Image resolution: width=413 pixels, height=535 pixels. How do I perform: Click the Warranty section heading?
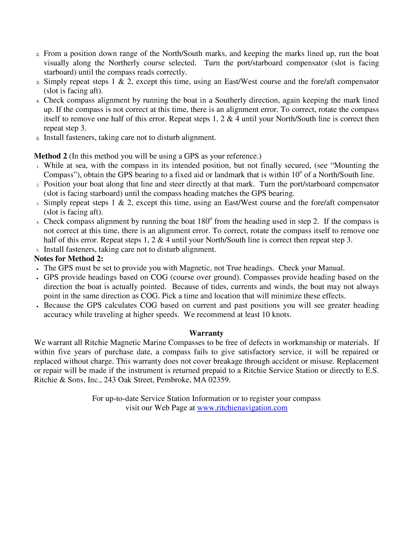[206, 333]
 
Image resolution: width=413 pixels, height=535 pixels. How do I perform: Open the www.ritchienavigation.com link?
[242, 408]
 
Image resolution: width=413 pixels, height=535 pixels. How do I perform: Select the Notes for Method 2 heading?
[69, 259]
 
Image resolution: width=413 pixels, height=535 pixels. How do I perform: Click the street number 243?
[110, 380]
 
